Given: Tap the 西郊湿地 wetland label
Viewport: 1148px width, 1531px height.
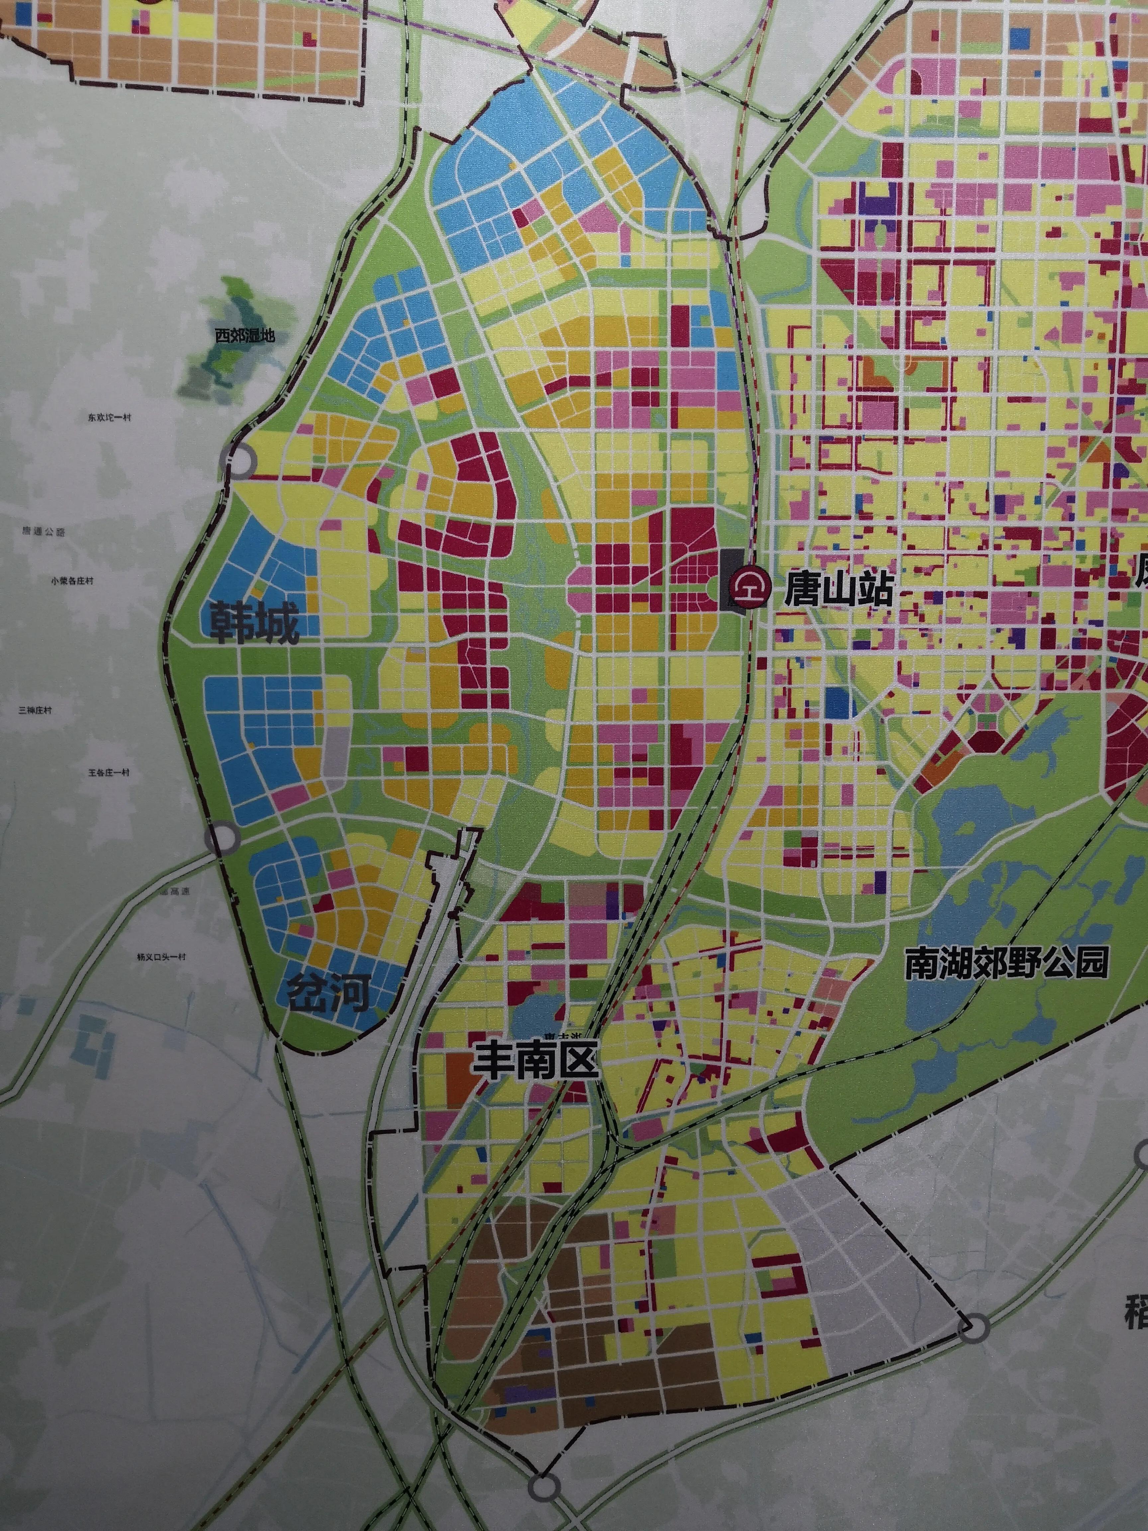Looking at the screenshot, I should [244, 336].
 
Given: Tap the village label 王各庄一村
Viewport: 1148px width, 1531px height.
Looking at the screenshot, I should [109, 772].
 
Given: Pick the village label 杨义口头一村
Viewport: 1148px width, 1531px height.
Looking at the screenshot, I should [161, 957].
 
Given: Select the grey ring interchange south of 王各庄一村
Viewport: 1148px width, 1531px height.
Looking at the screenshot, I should [222, 839].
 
